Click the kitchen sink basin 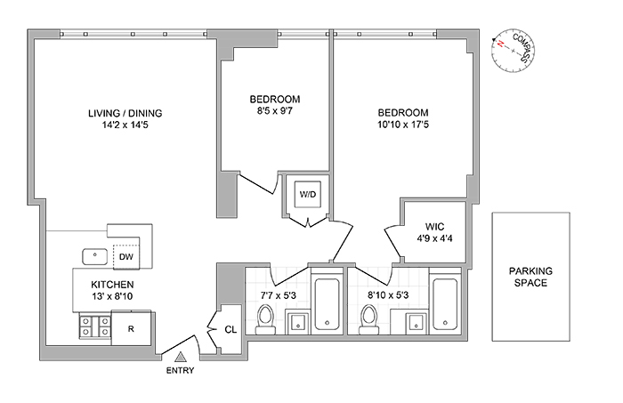pos(94,256)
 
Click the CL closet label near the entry pos(230,329)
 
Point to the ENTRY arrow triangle pos(179,357)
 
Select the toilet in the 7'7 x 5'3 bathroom pos(264,318)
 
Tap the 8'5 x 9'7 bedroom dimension pos(274,111)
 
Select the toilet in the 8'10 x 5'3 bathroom pos(368,318)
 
